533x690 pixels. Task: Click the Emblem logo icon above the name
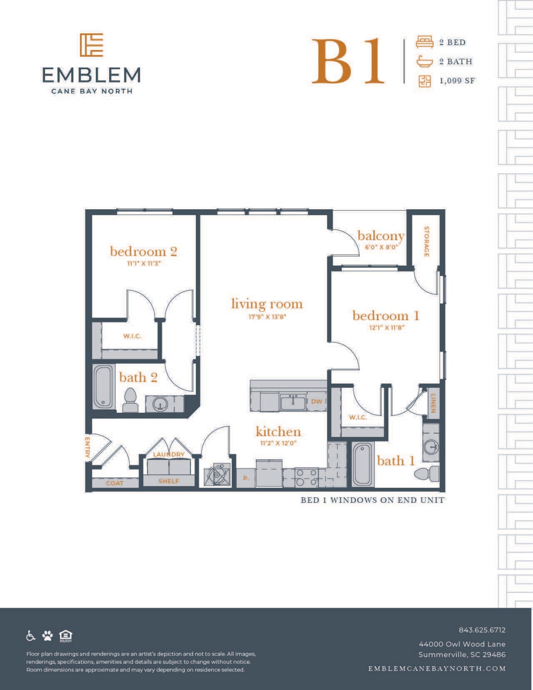91,45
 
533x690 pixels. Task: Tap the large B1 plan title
348,61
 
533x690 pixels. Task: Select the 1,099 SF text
457,81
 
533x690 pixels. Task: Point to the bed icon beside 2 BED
425,42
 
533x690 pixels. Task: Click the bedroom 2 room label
143,251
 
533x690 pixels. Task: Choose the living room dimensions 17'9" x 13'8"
267,316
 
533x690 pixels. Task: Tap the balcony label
381,236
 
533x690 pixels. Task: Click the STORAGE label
427,242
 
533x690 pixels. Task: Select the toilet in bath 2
130,400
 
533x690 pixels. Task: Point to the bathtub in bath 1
363,464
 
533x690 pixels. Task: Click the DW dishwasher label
316,401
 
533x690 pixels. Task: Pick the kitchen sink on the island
293,402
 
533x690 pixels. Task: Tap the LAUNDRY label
169,454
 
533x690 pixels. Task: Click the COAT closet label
115,483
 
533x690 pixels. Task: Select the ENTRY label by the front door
88,447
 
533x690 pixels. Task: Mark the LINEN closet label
433,403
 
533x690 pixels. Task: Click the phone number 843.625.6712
482,630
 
